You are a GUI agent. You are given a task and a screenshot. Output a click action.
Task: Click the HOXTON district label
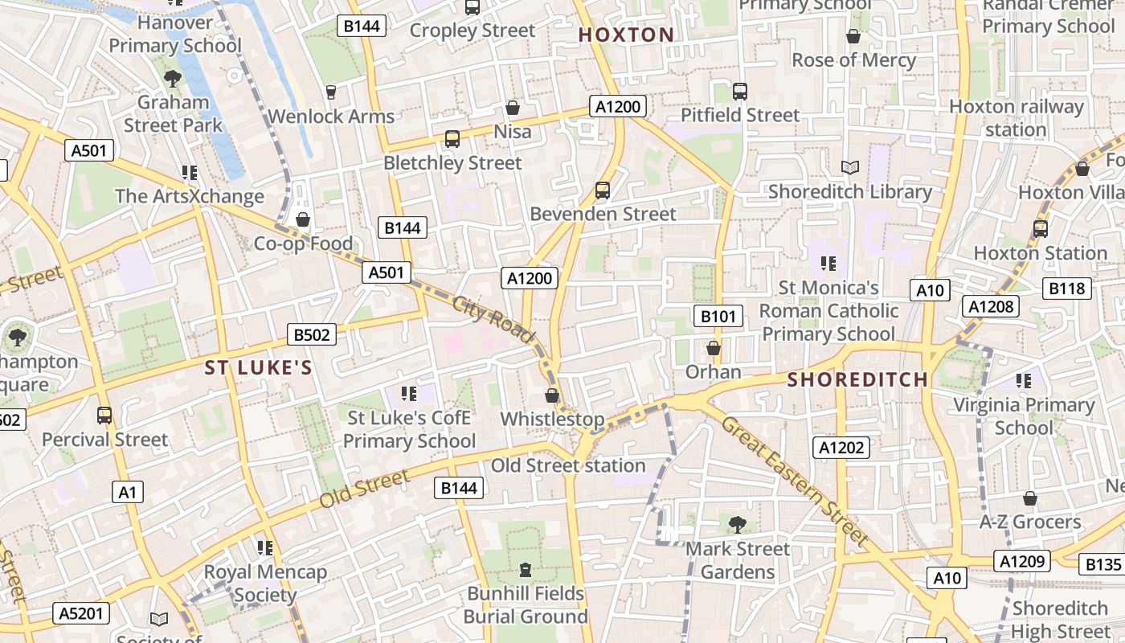626,35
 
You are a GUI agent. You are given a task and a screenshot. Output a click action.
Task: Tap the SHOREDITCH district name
857,379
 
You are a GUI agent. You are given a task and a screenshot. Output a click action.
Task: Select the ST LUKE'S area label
257,368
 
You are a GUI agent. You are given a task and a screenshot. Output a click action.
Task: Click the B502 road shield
312,334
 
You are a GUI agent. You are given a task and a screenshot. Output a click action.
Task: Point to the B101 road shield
718,316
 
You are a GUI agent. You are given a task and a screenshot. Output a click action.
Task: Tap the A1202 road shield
841,448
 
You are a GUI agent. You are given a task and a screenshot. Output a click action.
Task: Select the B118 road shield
1067,289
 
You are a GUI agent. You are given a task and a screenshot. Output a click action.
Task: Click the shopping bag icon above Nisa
512,108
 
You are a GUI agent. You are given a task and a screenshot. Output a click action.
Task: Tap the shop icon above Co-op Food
303,219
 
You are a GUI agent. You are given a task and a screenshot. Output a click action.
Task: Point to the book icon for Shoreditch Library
849,167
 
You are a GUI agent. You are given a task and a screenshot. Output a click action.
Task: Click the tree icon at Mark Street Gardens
736,525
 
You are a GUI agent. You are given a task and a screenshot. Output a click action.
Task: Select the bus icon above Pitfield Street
740,92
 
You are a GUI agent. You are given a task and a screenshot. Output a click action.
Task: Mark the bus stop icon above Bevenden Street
602,190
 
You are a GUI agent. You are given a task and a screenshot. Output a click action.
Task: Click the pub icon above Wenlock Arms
330,92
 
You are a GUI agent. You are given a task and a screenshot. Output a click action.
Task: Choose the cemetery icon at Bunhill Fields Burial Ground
526,570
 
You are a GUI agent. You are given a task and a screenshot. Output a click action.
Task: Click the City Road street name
493,320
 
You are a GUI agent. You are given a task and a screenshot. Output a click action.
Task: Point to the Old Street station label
567,465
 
